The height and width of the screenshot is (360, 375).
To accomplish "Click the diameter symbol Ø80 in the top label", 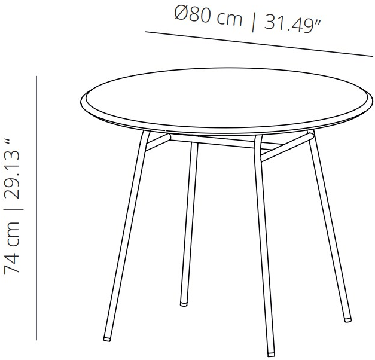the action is pyautogui.click(x=193, y=14).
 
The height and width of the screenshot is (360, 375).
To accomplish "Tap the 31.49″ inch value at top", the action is pyautogui.click(x=292, y=24).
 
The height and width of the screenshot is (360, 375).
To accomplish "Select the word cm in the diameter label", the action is pyautogui.click(x=229, y=19).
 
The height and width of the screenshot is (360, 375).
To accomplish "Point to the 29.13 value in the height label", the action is pyautogui.click(x=11, y=175).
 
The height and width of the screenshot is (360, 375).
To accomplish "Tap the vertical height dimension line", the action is pyautogui.click(x=36, y=208).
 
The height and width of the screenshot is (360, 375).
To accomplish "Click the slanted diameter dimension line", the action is pyautogui.click(x=259, y=44).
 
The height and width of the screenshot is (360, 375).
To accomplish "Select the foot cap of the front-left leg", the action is pyautogui.click(x=107, y=338).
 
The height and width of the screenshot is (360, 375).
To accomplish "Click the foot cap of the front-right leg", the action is pyautogui.click(x=271, y=354).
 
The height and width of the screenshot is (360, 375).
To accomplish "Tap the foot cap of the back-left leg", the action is pyautogui.click(x=184, y=304).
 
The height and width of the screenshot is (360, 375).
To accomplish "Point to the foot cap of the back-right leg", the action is pyautogui.click(x=348, y=319).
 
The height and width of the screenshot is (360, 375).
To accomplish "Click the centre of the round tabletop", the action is pyautogui.click(x=227, y=101).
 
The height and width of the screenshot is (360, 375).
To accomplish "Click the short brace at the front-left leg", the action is pyautogui.click(x=158, y=142).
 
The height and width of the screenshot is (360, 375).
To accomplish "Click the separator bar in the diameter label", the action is pyautogui.click(x=253, y=22).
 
